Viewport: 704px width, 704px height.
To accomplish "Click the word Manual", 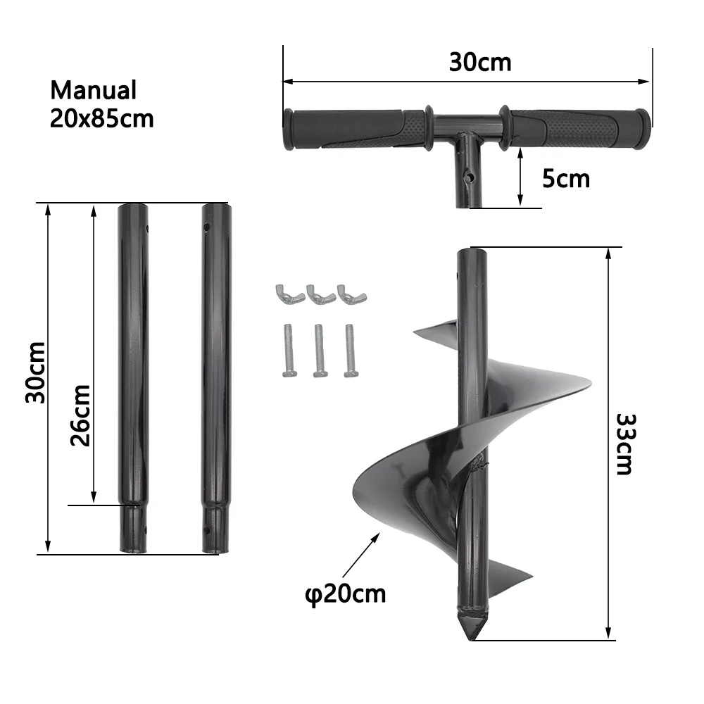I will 93,90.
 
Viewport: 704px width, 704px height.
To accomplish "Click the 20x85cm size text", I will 101,118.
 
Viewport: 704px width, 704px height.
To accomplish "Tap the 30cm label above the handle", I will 480,62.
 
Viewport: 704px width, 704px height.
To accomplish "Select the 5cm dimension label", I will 565,178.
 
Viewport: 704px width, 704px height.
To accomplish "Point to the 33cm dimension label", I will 624,444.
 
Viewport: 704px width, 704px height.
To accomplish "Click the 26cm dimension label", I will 81,415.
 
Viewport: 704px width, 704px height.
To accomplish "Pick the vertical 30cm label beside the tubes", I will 35,372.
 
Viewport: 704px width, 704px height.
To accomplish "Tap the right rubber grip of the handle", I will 574,128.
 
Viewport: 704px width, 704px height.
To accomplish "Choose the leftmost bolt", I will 289,349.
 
